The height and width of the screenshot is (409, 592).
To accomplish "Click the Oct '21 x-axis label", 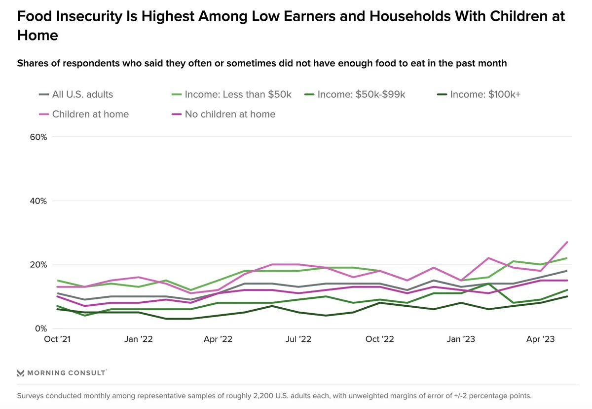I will point(58,339).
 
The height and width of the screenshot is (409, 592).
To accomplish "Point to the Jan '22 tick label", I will point(139,339).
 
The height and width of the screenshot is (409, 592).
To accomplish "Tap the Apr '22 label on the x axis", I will point(218,339).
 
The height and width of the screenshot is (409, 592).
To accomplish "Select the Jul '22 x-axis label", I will point(299,339).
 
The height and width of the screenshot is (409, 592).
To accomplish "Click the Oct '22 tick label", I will point(380,339).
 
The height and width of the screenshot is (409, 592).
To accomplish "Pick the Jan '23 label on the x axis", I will point(461,339).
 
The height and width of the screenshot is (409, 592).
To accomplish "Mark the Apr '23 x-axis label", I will point(541,339).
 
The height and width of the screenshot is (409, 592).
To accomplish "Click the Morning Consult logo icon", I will point(21,372).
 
